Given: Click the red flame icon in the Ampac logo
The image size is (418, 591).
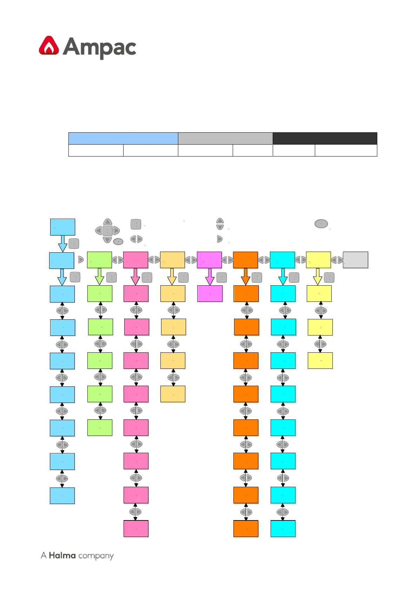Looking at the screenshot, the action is click(x=49, y=46).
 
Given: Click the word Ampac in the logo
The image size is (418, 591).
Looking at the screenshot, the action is click(x=100, y=48).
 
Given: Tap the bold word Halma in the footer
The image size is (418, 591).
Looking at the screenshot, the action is click(x=62, y=555).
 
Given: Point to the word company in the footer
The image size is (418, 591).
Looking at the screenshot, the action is click(x=96, y=556).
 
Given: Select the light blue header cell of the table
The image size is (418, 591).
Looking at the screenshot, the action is click(x=123, y=138).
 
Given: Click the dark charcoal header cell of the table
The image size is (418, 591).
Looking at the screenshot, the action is click(x=325, y=138).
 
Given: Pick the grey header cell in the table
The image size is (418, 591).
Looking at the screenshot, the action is click(x=225, y=138).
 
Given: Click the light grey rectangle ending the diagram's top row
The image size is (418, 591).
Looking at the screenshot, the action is click(x=355, y=260).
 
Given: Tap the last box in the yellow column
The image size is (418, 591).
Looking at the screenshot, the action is click(x=320, y=360).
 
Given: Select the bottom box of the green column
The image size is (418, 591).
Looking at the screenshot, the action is click(x=100, y=427).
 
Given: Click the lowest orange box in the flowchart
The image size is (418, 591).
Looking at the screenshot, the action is click(x=246, y=529).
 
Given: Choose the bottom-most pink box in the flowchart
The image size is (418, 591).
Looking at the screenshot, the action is click(x=136, y=529).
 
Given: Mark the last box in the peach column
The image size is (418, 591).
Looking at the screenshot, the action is click(x=173, y=394).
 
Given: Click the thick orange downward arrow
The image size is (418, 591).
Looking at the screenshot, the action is click(x=246, y=277).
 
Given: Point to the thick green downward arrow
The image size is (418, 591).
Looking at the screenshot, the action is click(x=100, y=277).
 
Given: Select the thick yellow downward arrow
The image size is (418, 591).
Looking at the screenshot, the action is click(x=318, y=277).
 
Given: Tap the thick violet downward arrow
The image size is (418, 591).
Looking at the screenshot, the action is click(x=210, y=277).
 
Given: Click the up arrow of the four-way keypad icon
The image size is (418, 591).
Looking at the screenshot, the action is click(x=107, y=222).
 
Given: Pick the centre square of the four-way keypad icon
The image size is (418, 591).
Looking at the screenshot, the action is click(x=107, y=231).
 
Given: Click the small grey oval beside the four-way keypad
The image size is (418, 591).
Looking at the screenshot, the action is click(x=118, y=241).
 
